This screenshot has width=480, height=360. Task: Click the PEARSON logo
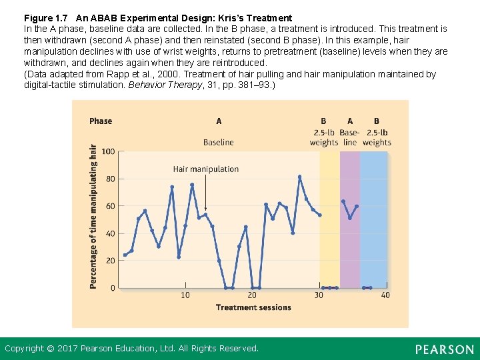(444, 349)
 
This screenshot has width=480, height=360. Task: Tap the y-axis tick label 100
(108, 152)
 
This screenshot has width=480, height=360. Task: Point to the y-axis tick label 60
(110, 207)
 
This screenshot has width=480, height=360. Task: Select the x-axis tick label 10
(185, 295)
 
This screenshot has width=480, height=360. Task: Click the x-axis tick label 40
(385, 295)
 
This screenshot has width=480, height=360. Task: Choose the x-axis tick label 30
(319, 295)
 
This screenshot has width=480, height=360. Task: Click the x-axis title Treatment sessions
(253, 307)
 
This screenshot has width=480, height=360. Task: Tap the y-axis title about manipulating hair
(93, 217)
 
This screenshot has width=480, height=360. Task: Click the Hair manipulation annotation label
(205, 169)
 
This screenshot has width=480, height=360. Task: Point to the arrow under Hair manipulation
(205, 193)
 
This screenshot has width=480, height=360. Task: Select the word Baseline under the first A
(219, 142)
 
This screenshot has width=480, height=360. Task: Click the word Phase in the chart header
(101, 121)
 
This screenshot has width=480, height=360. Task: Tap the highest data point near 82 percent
(300, 177)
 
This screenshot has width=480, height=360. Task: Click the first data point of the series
(125, 255)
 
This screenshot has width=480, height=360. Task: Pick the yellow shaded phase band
(329, 220)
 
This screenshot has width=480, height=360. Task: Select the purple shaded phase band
(350, 253)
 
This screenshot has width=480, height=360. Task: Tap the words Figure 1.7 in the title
(46, 18)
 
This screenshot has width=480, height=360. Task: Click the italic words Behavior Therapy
(163, 85)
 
